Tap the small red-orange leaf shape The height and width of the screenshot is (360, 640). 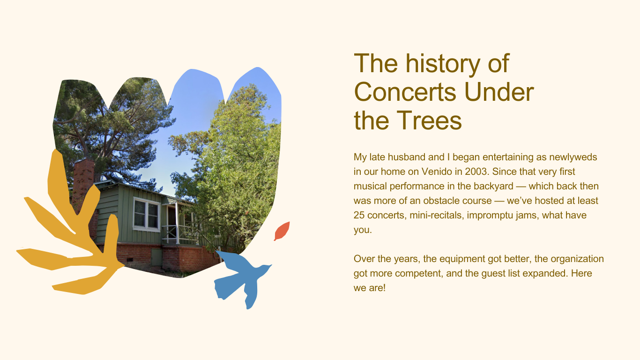point(282,231)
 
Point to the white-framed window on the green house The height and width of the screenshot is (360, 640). point(147,214)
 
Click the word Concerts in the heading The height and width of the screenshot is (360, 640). point(405,92)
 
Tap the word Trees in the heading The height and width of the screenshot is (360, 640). point(429,120)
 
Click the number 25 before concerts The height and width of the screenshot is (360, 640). point(359,215)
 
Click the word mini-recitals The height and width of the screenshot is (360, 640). point(436,215)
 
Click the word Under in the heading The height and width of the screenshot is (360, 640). point(499,92)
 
